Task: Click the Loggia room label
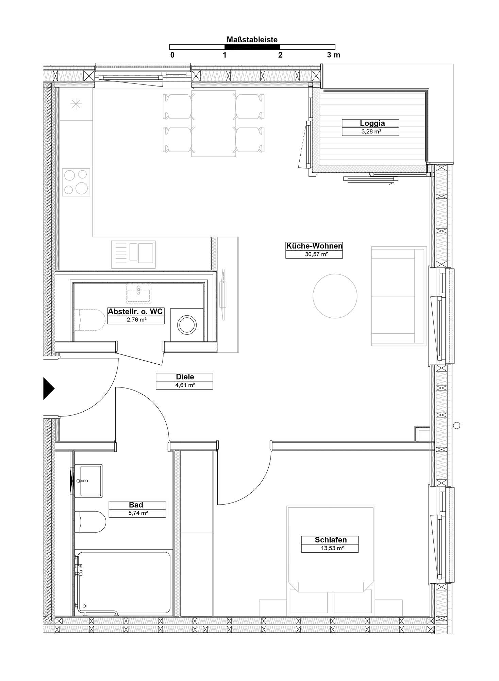point(372,124)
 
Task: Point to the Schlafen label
point(331,540)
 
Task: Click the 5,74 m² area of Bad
point(138,513)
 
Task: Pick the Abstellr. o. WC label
point(135,311)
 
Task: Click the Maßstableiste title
point(252,40)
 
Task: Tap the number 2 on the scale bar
point(280,55)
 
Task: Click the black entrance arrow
point(49,388)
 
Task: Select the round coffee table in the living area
point(335,296)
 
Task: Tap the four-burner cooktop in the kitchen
point(76,182)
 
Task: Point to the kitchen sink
point(133,254)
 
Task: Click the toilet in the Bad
point(90,522)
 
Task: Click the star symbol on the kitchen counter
point(76,104)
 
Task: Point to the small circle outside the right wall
point(457,425)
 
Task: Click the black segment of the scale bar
point(252,47)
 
